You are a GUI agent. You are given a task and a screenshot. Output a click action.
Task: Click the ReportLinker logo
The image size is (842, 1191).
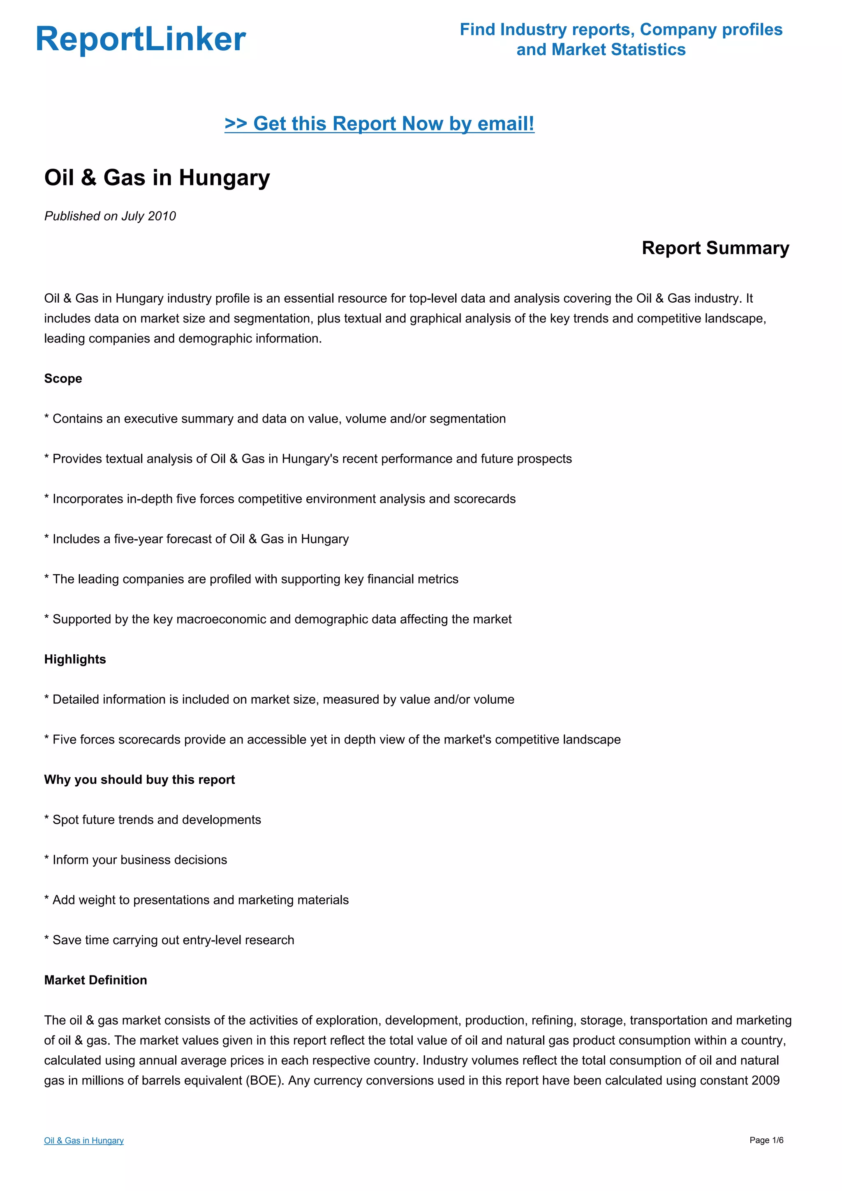click(x=141, y=39)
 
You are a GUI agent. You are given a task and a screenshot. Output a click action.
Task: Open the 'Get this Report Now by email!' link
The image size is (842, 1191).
click(x=379, y=123)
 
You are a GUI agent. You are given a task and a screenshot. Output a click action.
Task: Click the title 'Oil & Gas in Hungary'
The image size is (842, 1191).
click(x=157, y=177)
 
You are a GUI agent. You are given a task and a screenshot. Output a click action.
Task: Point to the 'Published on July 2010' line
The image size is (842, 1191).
click(x=110, y=216)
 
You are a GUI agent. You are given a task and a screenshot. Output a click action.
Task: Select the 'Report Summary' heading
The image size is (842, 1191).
click(x=715, y=248)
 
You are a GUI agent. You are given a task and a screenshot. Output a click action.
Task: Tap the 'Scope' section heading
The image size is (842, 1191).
click(x=63, y=379)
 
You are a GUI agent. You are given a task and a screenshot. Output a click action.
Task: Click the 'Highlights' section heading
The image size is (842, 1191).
click(x=75, y=659)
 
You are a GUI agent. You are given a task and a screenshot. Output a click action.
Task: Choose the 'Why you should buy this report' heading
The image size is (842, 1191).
click(x=139, y=780)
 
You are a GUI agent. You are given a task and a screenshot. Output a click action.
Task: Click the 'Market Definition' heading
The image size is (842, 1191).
click(x=95, y=980)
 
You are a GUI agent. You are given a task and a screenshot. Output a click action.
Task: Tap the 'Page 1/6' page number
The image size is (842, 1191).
click(x=766, y=1140)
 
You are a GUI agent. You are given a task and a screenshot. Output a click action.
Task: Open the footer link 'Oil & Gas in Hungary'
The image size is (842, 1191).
click(x=83, y=1141)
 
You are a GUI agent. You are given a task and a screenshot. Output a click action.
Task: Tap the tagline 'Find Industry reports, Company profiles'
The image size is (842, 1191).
click(x=621, y=30)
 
